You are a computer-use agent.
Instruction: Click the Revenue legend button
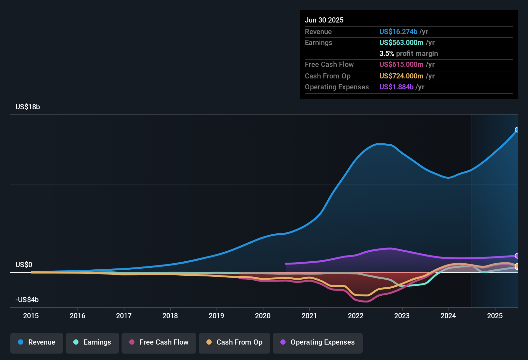click(x=37, y=342)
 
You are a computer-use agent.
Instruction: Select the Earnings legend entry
click(x=92, y=342)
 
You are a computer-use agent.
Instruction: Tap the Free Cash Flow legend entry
click(x=159, y=342)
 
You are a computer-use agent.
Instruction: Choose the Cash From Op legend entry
click(x=234, y=342)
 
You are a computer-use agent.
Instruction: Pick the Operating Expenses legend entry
click(x=318, y=342)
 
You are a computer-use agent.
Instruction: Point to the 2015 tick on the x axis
click(x=31, y=316)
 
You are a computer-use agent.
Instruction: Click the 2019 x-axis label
click(x=216, y=316)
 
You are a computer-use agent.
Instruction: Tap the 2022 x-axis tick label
click(x=356, y=316)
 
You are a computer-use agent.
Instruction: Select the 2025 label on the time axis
click(x=495, y=316)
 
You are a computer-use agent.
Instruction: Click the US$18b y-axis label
click(x=28, y=107)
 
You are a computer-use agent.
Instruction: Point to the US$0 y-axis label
click(x=24, y=265)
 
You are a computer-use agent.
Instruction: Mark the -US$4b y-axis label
click(x=27, y=300)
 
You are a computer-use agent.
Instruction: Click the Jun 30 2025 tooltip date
click(x=324, y=20)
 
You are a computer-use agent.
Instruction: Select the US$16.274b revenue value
click(x=398, y=32)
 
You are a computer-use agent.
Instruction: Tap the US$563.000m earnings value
click(x=401, y=43)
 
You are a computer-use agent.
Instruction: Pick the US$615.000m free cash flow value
click(x=401, y=65)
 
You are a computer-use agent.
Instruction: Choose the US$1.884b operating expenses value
click(x=396, y=87)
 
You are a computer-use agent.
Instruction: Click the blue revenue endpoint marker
click(x=517, y=130)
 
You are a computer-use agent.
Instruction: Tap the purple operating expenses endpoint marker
click(x=517, y=256)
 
